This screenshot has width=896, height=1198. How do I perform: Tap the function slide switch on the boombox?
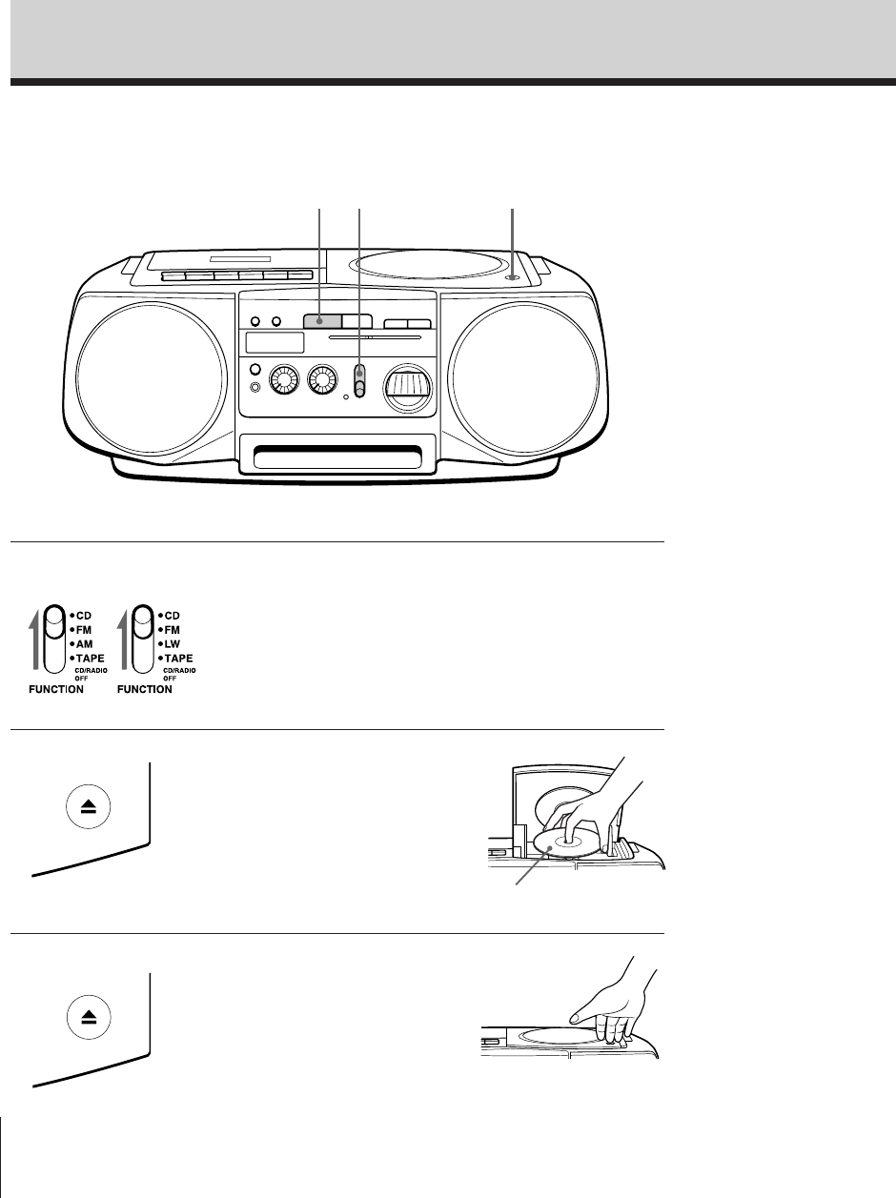359,378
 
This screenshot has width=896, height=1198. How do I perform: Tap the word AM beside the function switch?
85,643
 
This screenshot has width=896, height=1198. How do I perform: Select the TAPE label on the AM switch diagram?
89,658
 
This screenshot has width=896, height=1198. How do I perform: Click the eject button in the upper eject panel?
89,805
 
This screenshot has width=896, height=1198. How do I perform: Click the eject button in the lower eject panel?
89,1017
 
